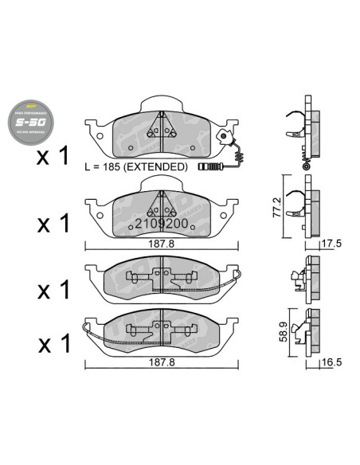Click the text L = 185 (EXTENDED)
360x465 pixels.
(x=136, y=167)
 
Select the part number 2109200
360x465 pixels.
(x=161, y=224)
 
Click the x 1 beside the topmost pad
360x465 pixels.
(x=54, y=157)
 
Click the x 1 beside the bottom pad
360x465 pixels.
(x=54, y=343)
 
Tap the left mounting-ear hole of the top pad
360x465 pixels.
(x=100, y=135)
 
